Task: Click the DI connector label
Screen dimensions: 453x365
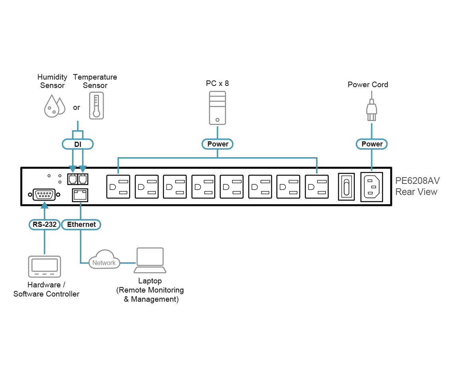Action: coord(78,144)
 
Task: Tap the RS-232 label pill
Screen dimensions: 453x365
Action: coord(45,224)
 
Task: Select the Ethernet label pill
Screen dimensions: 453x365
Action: coord(81,224)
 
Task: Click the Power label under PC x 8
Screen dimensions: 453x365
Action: coord(217,144)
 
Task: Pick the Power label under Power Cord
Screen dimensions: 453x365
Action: coord(372,144)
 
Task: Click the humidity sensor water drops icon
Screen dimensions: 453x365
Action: coord(54,106)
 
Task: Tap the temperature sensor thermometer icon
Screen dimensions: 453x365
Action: coord(97,105)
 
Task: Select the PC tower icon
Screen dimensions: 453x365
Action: coord(217,108)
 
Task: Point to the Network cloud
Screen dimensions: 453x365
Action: coord(104,260)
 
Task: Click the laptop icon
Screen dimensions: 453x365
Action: coord(150,260)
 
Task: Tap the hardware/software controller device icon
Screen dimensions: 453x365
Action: coord(45,267)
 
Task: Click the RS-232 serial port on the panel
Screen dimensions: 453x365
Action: coord(44,195)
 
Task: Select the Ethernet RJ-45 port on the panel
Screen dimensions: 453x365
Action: coord(80,195)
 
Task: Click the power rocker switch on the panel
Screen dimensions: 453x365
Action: coord(347,187)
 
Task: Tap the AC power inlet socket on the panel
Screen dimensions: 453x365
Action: coord(372,187)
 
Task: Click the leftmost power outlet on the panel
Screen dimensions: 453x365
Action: coord(118,187)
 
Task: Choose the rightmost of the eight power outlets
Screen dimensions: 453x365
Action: coord(317,187)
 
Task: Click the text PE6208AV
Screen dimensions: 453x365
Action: coord(418,181)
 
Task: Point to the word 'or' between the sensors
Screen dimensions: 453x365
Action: coord(77,108)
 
